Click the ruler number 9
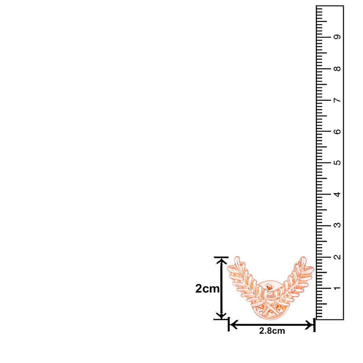coord(337,37)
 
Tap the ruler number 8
coord(337,69)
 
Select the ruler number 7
coord(337,100)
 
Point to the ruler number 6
coord(337,131)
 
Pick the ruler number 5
coord(337,163)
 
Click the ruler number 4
coord(337,194)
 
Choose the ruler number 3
coord(337,225)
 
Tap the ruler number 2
coord(337,257)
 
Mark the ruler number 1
coord(337,288)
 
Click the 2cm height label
coord(207,289)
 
